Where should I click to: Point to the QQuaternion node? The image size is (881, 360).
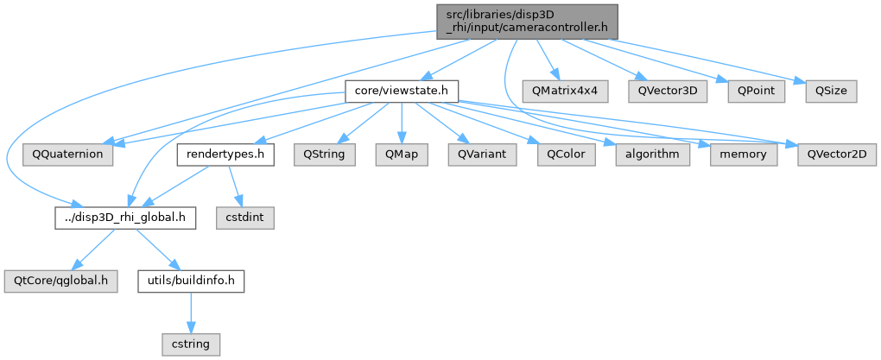[67, 155]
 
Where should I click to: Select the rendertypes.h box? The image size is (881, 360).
[225, 155]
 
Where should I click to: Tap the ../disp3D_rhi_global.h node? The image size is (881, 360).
[124, 218]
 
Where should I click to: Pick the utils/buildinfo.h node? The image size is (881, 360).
[191, 281]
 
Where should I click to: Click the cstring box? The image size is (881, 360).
[191, 344]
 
